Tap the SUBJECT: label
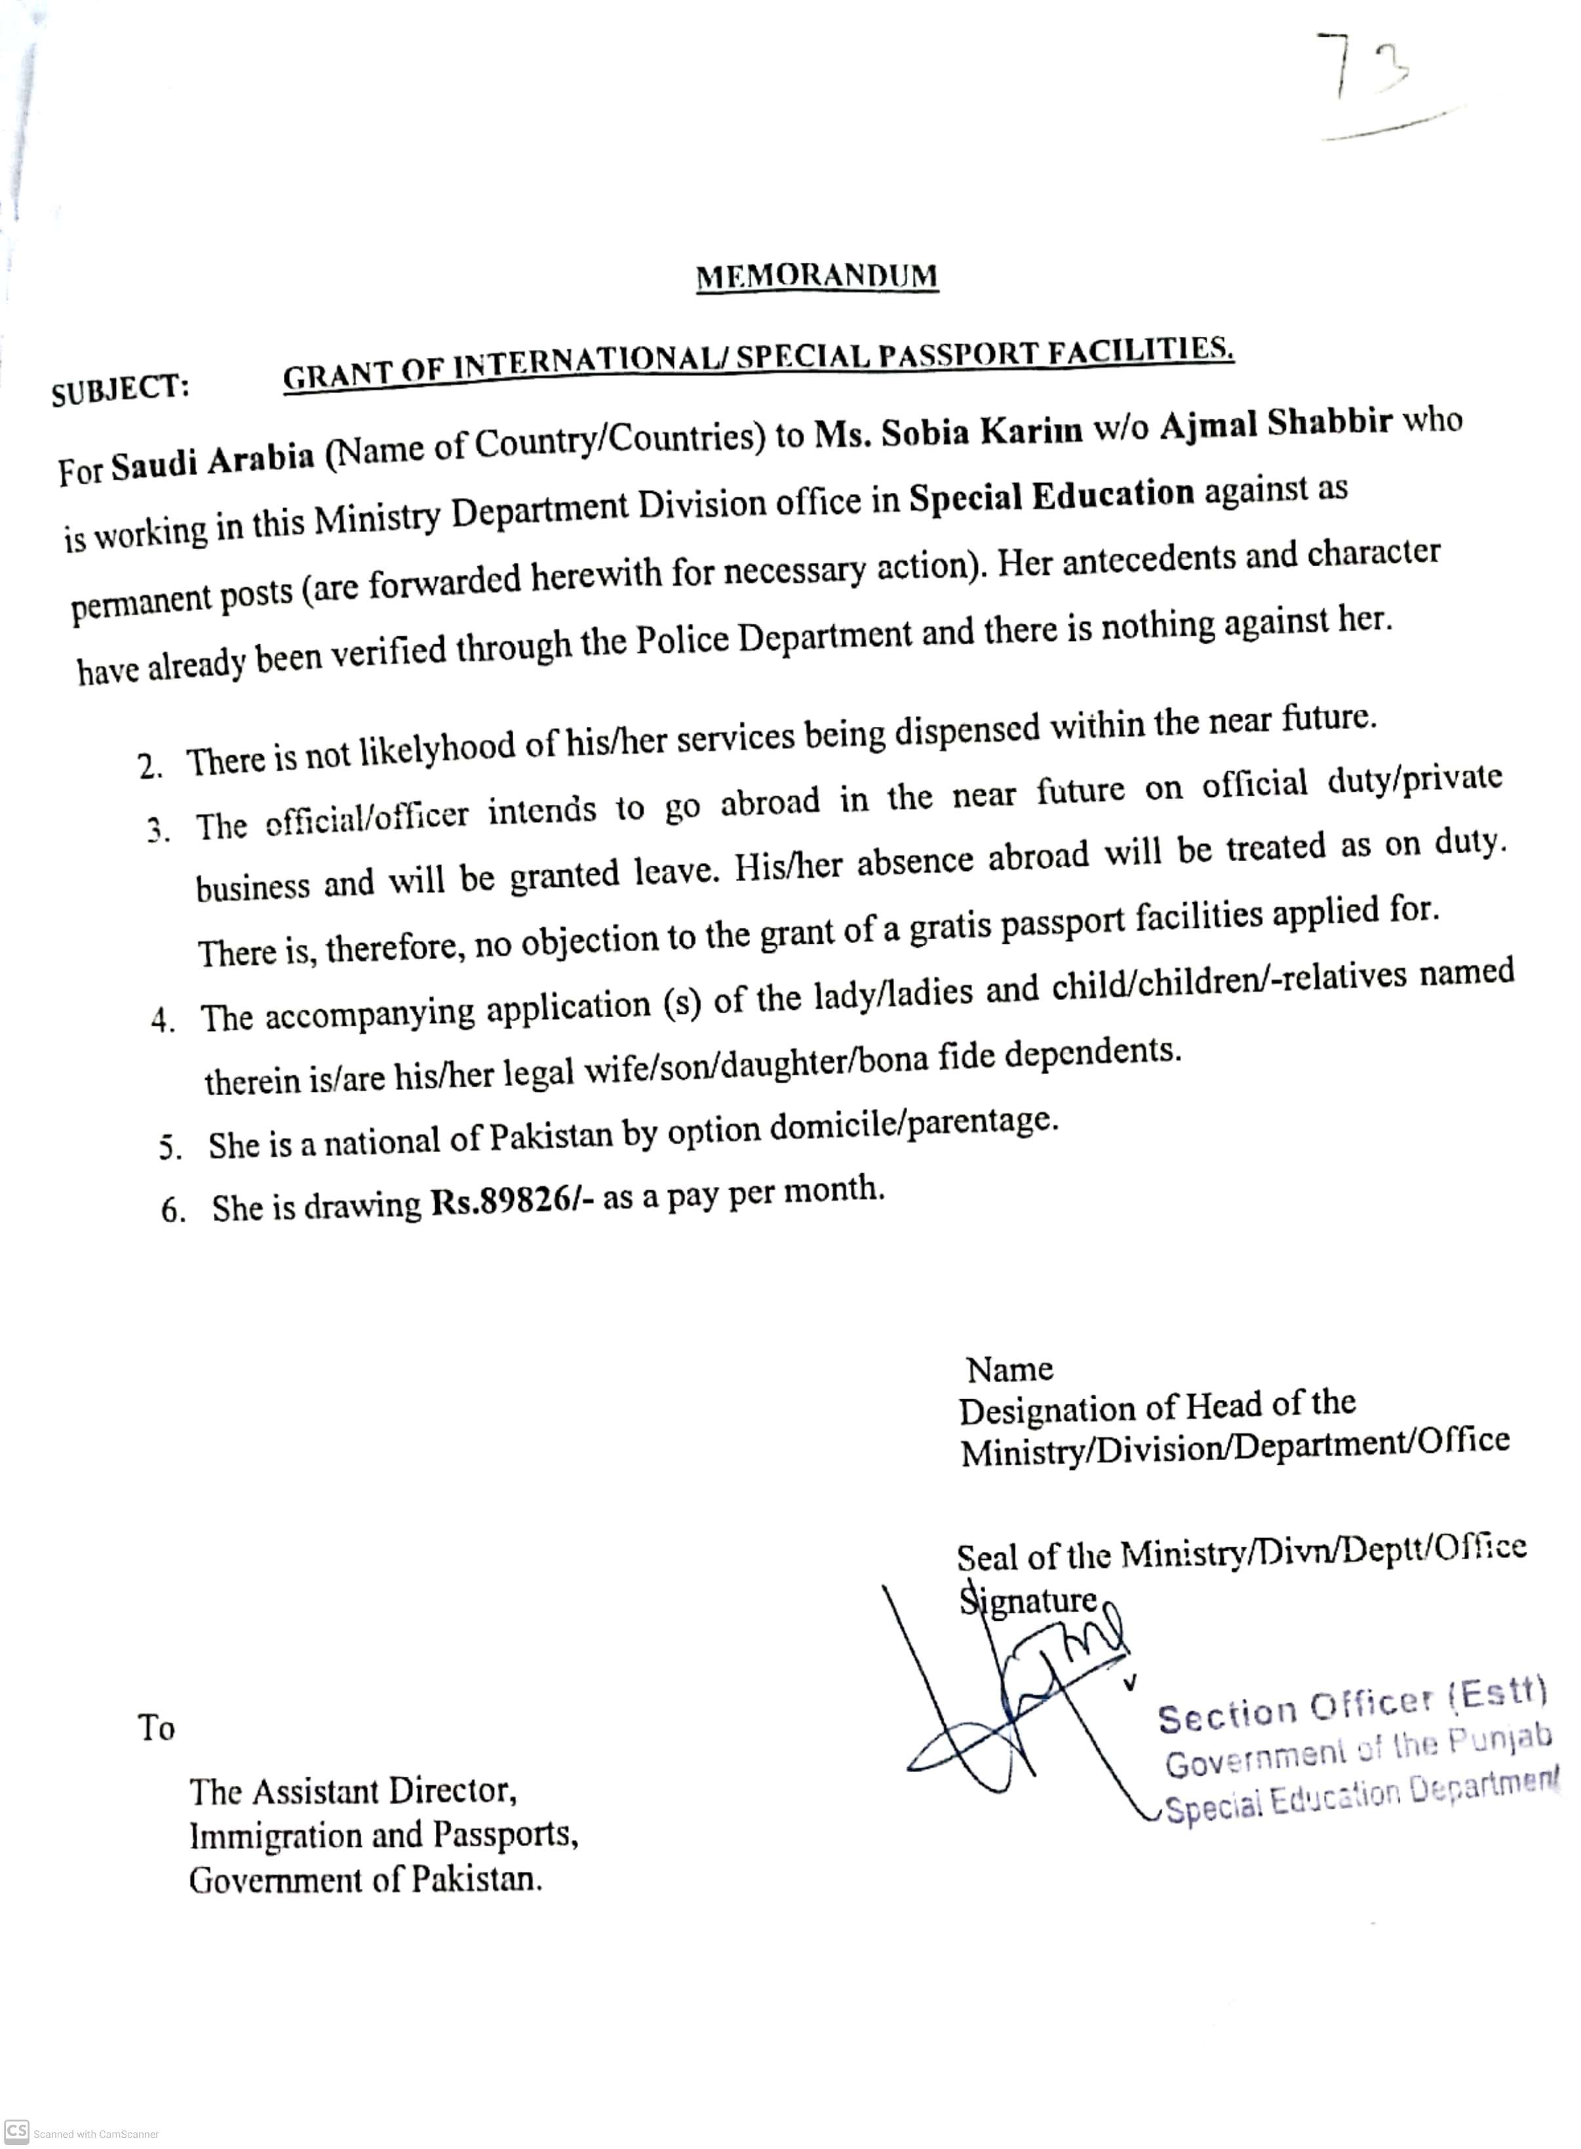pyautogui.click(x=121, y=389)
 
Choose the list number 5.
pyautogui.click(x=170, y=1147)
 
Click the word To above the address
pyautogui.click(x=156, y=1727)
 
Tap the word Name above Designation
pyautogui.click(x=1009, y=1369)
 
